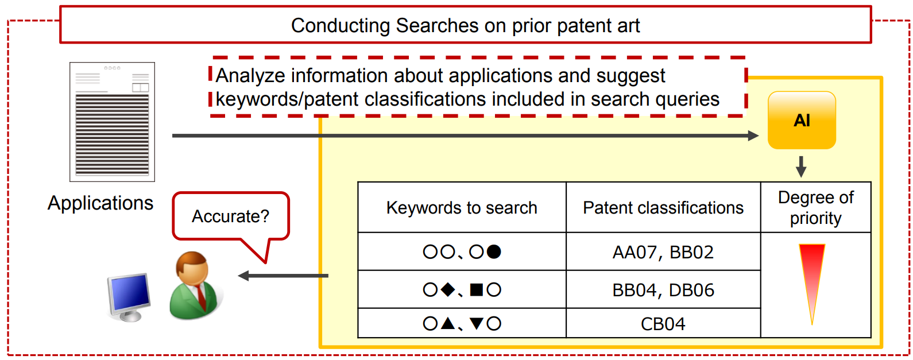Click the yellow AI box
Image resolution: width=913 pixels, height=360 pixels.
[802, 120]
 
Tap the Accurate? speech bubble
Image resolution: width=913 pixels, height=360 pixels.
[231, 216]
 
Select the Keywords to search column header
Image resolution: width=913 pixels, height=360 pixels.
[462, 207]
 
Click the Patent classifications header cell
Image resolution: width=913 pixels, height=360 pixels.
[663, 207]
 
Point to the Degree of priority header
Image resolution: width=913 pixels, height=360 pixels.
[815, 207]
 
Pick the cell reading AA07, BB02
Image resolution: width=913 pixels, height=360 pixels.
[663, 252]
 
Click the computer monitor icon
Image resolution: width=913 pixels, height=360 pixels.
[129, 297]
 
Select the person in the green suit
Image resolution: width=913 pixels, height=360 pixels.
[195, 285]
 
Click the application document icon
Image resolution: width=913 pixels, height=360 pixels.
[112, 122]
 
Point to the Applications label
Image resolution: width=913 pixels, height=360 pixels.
[100, 203]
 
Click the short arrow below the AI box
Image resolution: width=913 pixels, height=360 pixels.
[801, 167]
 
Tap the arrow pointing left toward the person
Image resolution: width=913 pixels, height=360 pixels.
[283, 276]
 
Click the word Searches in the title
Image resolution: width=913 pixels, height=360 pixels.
[438, 26]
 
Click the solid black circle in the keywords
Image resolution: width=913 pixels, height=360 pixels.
[494, 252]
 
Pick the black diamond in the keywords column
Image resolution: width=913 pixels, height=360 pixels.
[448, 290]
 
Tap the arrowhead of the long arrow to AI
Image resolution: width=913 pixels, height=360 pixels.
[753, 136]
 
